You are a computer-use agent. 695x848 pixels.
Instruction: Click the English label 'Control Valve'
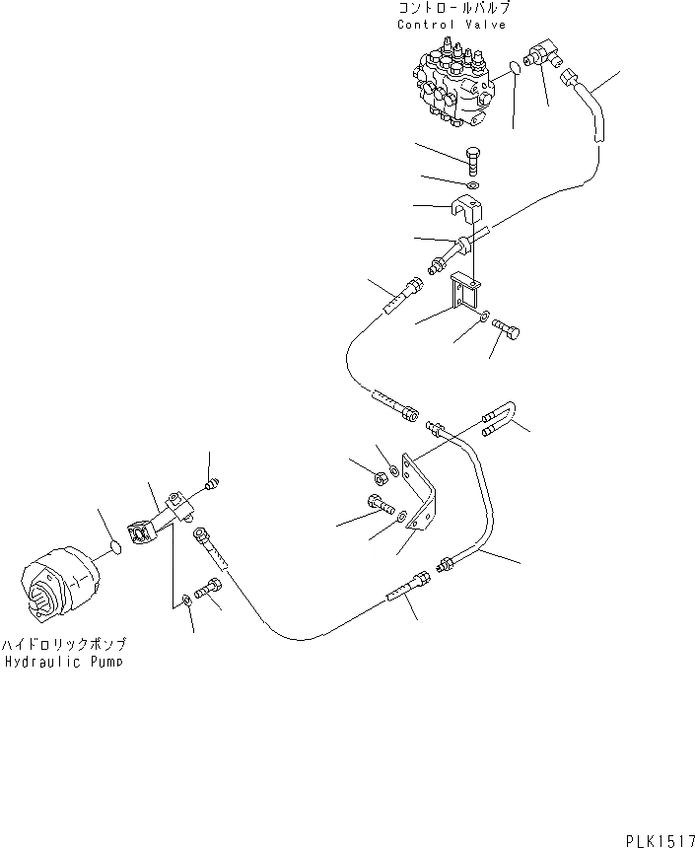tap(452, 25)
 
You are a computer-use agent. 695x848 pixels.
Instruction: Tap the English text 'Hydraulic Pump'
tap(63, 663)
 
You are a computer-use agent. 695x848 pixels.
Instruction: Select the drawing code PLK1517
tap(659, 839)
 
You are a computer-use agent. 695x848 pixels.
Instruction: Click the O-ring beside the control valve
tap(514, 68)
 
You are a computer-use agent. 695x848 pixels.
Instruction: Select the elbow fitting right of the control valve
tap(542, 55)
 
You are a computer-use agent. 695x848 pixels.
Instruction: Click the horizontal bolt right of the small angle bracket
tap(509, 333)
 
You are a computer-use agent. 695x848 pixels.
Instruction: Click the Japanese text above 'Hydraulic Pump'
tap(63, 644)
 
